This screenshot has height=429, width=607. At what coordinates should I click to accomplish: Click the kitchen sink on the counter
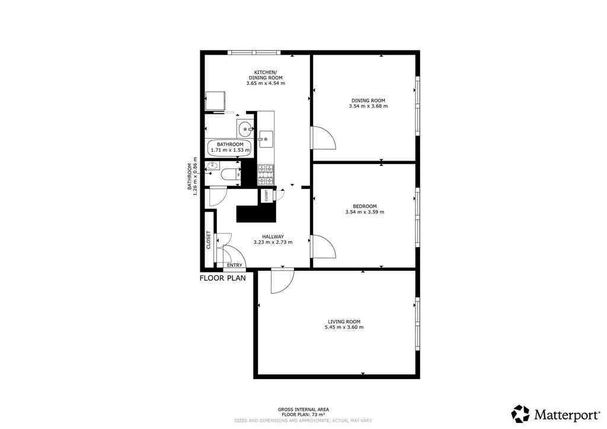coord(266,139)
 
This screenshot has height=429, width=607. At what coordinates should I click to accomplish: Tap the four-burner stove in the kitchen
coord(266,174)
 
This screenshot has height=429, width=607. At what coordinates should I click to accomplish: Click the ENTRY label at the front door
coord(235,265)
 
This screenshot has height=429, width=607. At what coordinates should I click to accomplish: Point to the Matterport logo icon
coord(520,414)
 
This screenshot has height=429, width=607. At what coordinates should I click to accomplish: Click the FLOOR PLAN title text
coord(223,278)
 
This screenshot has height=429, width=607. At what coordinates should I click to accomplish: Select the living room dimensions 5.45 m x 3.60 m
coord(344,327)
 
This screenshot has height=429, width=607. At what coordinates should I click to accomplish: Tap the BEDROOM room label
coord(365,206)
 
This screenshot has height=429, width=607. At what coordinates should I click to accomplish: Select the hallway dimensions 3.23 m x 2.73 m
coord(273,242)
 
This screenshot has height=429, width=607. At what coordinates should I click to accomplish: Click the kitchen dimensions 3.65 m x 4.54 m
coord(266,83)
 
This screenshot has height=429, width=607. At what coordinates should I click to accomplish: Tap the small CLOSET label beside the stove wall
coord(266,196)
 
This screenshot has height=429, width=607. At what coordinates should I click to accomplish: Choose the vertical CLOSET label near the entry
coord(208,240)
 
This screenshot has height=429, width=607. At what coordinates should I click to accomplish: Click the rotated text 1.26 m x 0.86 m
coord(195,176)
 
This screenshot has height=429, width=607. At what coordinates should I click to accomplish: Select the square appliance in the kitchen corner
coord(215,101)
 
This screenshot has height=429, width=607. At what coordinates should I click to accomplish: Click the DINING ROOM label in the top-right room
coord(368,101)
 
